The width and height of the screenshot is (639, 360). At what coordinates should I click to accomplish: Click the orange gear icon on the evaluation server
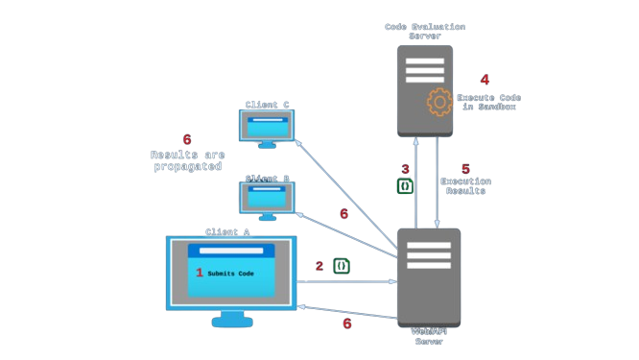coord(438,102)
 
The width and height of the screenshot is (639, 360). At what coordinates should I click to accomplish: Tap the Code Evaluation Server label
coord(425,31)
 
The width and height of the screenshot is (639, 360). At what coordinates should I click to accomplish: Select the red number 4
coord(485,81)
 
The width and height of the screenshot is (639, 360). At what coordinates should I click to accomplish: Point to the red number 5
coord(465,169)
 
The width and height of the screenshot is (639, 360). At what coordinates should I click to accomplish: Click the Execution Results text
coord(465,186)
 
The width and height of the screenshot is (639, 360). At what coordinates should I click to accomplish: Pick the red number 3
coord(405,169)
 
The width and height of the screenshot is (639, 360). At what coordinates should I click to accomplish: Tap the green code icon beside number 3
coord(405,185)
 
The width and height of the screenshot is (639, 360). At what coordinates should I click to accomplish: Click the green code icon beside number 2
coord(341,266)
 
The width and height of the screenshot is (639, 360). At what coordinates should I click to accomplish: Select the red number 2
coord(319,266)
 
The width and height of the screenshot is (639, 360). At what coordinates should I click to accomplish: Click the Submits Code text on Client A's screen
coord(230,274)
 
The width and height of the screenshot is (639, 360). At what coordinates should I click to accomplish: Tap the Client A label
coord(227,232)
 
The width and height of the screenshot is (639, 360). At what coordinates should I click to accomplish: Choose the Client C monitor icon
coord(267,128)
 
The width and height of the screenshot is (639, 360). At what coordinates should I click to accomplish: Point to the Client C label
coord(267,105)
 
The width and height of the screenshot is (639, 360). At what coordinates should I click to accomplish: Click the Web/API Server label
coord(429,336)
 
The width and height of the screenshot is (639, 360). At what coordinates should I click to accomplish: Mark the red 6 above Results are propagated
coord(186,140)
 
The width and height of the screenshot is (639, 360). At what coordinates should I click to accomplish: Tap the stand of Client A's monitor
coord(231,318)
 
